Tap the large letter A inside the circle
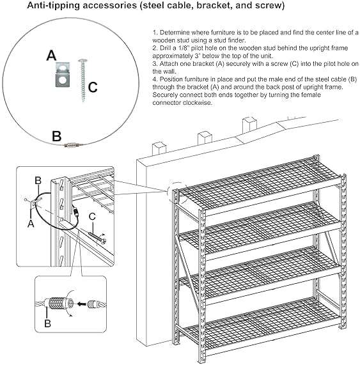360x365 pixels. click(x=52, y=55)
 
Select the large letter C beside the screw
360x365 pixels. click(x=92, y=87)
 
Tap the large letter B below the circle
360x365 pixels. click(x=56, y=136)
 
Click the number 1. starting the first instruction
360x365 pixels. click(x=155, y=33)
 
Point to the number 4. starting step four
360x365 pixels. click(x=155, y=79)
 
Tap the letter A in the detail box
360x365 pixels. click(x=30, y=223)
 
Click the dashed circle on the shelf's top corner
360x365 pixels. click(x=176, y=192)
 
